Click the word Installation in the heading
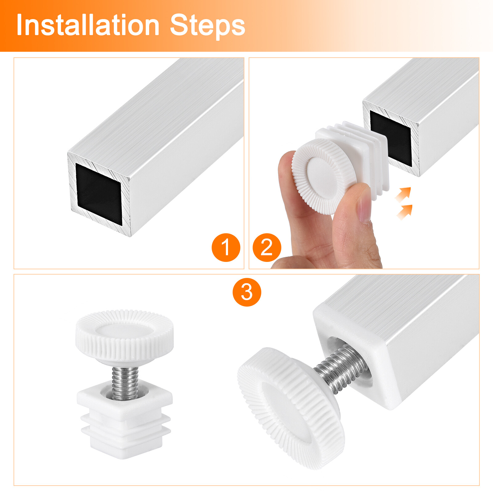(88, 25)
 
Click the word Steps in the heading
(207, 25)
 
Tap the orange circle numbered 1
(226, 247)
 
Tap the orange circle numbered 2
(267, 247)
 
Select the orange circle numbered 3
(246, 292)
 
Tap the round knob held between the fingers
(324, 176)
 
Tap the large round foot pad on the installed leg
(291, 407)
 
